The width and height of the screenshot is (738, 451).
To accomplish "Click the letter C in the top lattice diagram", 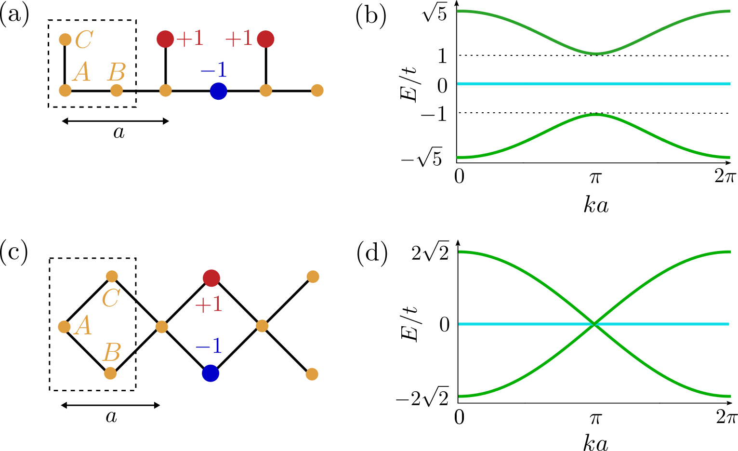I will [x=84, y=40].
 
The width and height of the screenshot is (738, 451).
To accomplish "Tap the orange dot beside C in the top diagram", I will [x=65, y=39].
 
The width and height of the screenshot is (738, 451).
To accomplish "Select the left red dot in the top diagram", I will [x=165, y=39].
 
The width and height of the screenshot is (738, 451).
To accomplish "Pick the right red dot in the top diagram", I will [x=265, y=39].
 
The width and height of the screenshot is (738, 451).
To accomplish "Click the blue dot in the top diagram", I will [x=218, y=91].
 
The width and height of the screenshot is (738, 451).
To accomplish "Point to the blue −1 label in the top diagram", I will [x=213, y=70].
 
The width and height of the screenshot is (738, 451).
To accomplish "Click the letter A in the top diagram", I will [x=82, y=73].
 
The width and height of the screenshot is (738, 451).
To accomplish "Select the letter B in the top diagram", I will [x=116, y=73].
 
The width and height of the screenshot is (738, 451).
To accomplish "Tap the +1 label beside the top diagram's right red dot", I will [x=238, y=39].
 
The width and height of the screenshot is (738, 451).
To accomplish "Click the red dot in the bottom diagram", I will [x=211, y=278].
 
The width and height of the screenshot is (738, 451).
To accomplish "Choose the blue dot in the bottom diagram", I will [x=211, y=373].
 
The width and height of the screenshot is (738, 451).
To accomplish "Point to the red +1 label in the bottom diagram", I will [x=208, y=305].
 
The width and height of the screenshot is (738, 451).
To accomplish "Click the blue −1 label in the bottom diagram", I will [x=208, y=346].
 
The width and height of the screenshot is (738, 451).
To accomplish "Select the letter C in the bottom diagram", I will [x=110, y=298].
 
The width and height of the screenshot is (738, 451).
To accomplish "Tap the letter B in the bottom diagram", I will [x=111, y=353].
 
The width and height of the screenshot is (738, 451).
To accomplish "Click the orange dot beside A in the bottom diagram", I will [x=64, y=327].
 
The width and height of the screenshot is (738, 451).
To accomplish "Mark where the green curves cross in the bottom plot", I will [x=595, y=324].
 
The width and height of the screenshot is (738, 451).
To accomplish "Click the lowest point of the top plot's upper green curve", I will [x=596, y=53].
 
